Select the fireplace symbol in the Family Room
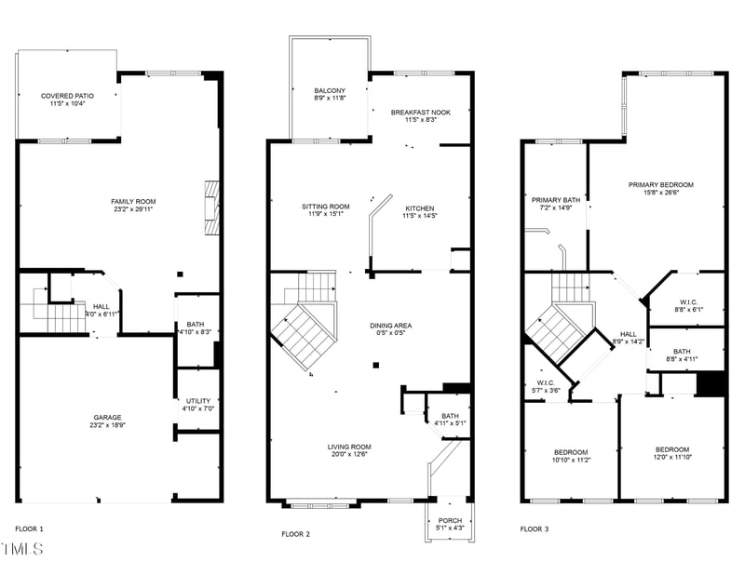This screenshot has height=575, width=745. click(x=212, y=207)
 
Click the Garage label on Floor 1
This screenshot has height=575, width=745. click(x=107, y=417)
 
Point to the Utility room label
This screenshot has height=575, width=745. click(x=197, y=400)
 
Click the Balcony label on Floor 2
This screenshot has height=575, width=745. click(x=330, y=90)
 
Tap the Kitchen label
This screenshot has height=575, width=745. click(x=419, y=207)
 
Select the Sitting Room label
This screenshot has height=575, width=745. click(x=325, y=207)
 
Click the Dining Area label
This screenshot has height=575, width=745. click(x=390, y=325)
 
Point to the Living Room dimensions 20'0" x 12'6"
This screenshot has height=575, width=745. click(x=349, y=455)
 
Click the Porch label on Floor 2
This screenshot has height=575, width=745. click(x=450, y=520)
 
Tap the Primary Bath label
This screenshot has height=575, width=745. click(x=555, y=199)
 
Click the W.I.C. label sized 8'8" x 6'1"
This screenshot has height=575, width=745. click(x=689, y=301)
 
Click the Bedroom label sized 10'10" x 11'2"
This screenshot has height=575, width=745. click(x=571, y=451)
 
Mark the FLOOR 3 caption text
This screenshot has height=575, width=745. click(x=535, y=528)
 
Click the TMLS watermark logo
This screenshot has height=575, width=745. click(x=21, y=548)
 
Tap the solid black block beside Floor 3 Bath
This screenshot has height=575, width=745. click(x=711, y=383)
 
